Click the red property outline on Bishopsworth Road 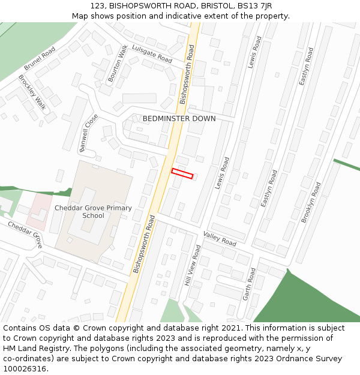(182, 173)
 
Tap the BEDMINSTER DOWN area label (179, 119)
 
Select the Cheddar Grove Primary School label (93, 212)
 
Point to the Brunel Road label (40, 59)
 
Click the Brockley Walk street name (32, 92)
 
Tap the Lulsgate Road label (152, 54)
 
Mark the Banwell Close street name (88, 133)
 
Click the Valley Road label (220, 238)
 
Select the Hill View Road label (193, 265)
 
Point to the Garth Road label (249, 284)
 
